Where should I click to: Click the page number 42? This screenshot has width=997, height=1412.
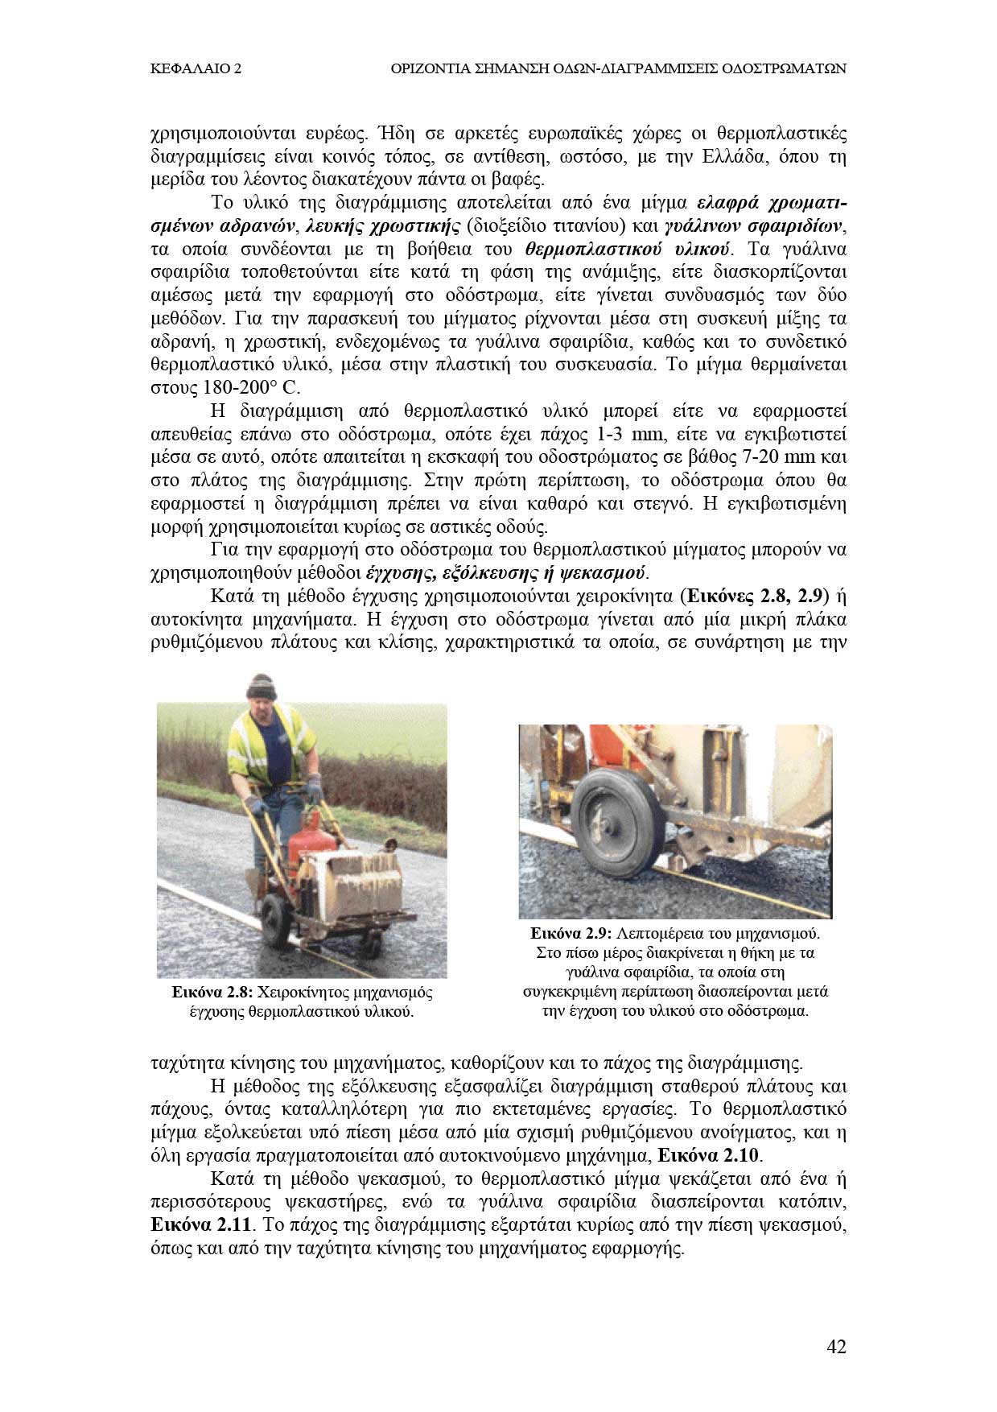[x=836, y=1346]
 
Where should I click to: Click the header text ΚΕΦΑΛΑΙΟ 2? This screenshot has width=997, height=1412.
[x=196, y=69]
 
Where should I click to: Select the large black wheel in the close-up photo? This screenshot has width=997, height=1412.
[x=619, y=816]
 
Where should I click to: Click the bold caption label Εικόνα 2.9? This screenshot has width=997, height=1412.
[x=572, y=934]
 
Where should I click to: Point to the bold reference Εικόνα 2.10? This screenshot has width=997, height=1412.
[x=708, y=1155]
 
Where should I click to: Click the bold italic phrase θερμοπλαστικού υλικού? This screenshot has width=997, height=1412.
[x=627, y=248]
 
